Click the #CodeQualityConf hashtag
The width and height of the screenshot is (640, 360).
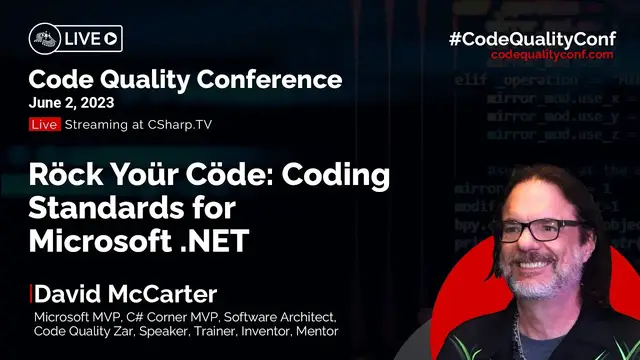(x=538, y=38)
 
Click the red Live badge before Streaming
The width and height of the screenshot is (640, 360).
(x=45, y=124)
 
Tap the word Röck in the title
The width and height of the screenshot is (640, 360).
(x=65, y=174)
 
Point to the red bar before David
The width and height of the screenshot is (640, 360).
(x=31, y=294)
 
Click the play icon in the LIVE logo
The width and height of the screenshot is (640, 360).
(x=111, y=39)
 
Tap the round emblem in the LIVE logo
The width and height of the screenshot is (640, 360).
(x=44, y=39)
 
